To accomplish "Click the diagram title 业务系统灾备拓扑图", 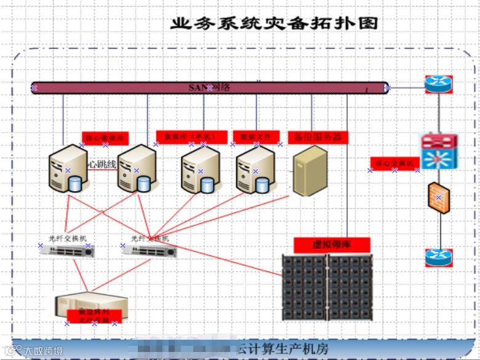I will point(274,23).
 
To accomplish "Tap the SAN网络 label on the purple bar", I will point(209,87).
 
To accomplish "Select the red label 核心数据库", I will point(105,138).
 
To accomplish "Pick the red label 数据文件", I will point(256,137).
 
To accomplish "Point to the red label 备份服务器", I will point(318,137).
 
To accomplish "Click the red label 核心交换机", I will point(394,163).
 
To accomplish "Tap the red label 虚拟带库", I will point(332,245).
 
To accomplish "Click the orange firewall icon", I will point(439,198).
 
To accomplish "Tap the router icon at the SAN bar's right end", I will point(438,84).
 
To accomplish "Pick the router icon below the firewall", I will point(438,257).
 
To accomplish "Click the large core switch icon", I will point(439,151).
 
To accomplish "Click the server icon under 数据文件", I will point(255,170).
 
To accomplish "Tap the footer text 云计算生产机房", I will point(283,349).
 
